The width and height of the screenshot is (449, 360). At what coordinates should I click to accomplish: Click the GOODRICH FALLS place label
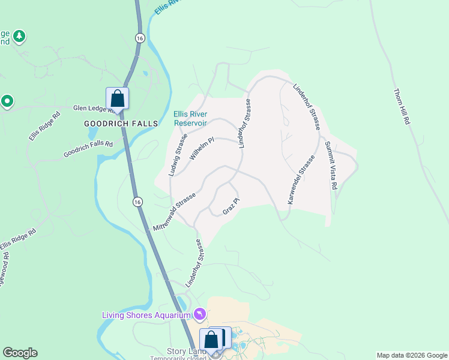click(x=121, y=124)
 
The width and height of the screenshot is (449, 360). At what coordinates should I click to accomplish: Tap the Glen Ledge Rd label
click(x=89, y=109)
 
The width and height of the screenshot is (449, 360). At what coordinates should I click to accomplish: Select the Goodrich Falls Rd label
click(x=88, y=149)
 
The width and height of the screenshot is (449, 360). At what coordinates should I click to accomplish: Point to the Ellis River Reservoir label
click(x=190, y=118)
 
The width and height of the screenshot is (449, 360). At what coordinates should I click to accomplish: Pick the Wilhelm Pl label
click(x=202, y=149)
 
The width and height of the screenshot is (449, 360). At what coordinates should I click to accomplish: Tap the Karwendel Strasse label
click(x=301, y=180)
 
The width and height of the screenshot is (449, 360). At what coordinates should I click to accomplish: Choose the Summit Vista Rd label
click(x=331, y=166)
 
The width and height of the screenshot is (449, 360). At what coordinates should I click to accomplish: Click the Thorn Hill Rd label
click(x=401, y=107)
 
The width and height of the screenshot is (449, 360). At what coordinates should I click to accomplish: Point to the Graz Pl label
click(x=231, y=206)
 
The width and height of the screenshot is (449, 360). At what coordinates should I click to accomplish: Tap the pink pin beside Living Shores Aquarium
click(x=200, y=314)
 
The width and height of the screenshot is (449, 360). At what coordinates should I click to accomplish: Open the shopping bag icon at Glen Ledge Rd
click(x=117, y=98)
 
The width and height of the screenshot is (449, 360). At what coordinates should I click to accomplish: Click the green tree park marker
click(x=20, y=37)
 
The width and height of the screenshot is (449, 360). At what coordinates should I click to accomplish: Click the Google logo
click(x=20, y=353)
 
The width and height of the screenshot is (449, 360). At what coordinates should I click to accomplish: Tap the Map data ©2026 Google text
click(x=412, y=355)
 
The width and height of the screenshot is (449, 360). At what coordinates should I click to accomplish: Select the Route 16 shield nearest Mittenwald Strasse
click(x=137, y=200)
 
